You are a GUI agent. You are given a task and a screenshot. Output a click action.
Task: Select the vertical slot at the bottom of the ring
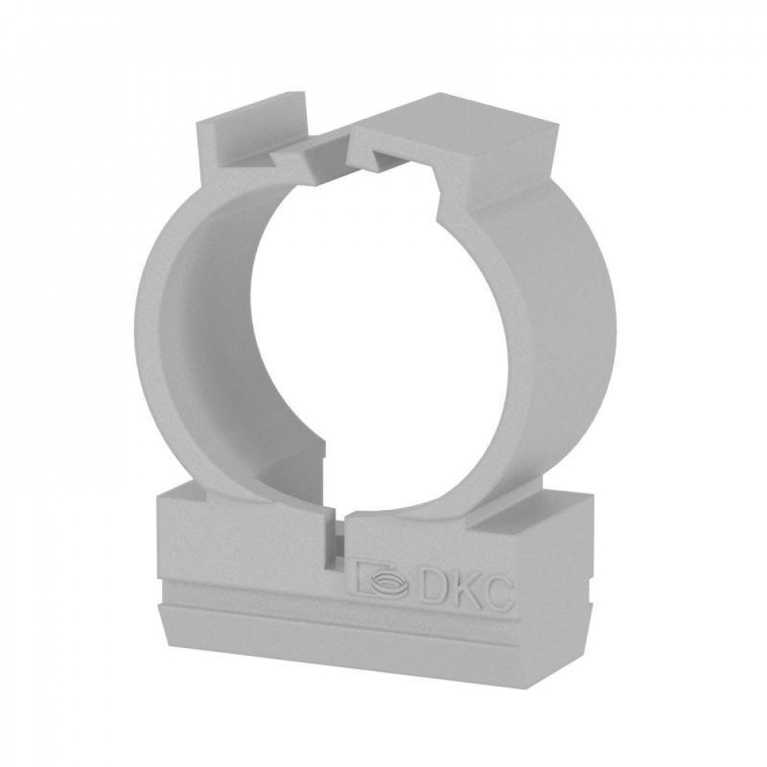[337, 544]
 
